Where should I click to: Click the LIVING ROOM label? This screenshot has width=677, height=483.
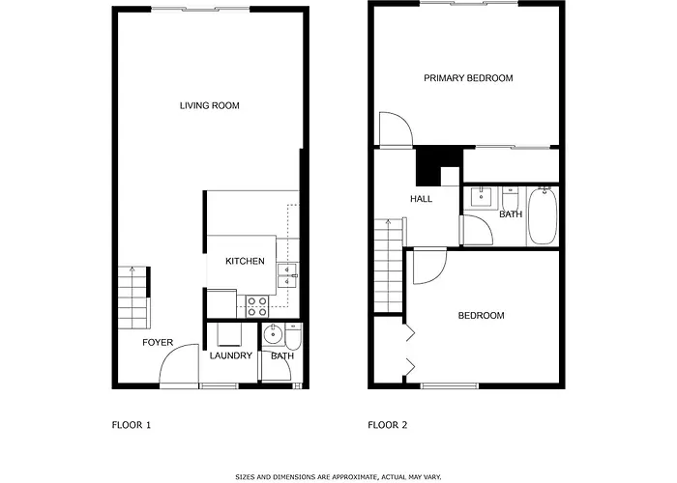click(210, 105)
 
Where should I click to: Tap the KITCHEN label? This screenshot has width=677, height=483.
click(245, 261)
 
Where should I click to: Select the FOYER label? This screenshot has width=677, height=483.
click(158, 342)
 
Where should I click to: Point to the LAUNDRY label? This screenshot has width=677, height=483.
click(231, 355)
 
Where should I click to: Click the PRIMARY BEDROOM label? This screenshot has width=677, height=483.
click(468, 78)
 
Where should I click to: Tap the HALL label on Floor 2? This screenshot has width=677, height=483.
click(421, 199)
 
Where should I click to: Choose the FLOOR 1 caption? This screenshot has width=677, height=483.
click(132, 425)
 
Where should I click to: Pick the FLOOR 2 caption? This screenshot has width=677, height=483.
click(387, 425)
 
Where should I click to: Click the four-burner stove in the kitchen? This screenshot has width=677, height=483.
click(257, 306)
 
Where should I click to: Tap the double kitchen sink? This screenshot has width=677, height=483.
click(287, 275)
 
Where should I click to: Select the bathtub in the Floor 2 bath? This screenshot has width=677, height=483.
click(543, 215)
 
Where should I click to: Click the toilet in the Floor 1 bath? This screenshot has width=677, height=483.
click(294, 337)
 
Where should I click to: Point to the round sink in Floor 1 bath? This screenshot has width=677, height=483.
click(273, 334)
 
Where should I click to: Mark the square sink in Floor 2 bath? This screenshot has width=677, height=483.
click(480, 197)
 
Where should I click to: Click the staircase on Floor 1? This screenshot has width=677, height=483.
click(133, 298)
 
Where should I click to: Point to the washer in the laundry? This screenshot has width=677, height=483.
click(230, 334)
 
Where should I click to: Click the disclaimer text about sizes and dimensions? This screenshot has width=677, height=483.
click(338, 477)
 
